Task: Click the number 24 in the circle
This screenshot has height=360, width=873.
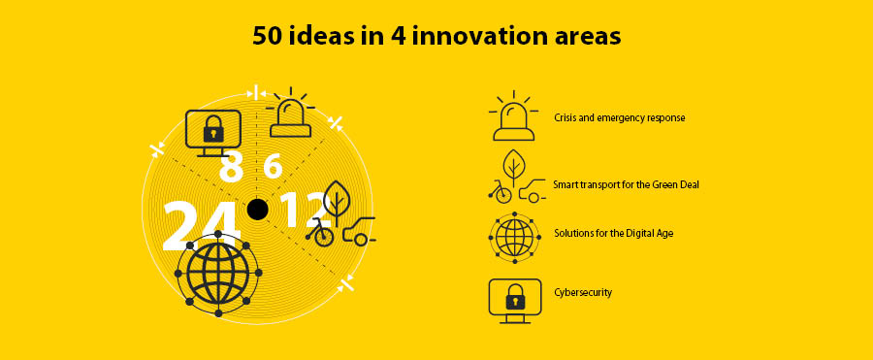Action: click(x=202, y=227)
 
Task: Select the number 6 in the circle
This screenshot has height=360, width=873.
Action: click(x=273, y=166)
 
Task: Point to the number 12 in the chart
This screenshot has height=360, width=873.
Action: click(x=301, y=211)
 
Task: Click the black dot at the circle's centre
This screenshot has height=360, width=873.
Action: click(x=257, y=209)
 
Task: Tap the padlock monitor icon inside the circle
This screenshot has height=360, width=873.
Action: click(x=213, y=133)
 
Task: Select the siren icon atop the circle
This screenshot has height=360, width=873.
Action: click(x=290, y=114)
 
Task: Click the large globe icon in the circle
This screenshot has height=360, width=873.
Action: click(x=218, y=273)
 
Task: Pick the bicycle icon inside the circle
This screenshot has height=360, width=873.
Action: click(x=320, y=232)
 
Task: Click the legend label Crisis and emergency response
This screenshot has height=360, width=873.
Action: click(x=619, y=117)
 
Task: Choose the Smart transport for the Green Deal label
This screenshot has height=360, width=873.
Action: click(x=626, y=184)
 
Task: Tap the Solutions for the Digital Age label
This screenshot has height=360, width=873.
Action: click(x=614, y=233)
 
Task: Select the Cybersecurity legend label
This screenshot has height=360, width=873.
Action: click(x=583, y=292)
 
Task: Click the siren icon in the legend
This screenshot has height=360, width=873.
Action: click(x=513, y=115)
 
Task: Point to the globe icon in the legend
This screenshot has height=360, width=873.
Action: click(x=514, y=238)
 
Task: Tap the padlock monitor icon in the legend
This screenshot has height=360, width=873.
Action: click(x=514, y=301)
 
